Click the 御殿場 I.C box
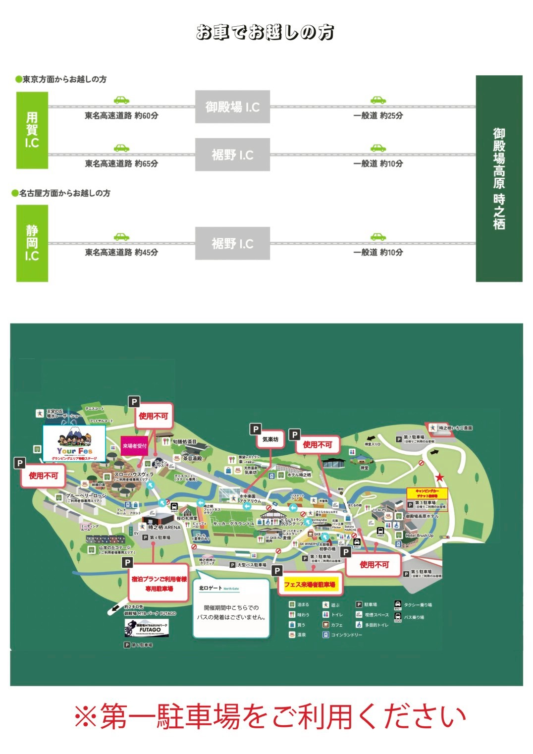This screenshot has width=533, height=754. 232,107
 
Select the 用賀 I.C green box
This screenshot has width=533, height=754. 32,130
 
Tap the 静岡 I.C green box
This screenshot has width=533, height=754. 32,243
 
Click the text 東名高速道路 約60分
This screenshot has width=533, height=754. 121,115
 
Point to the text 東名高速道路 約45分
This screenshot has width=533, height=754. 121,252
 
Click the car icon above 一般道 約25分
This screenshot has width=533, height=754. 378,100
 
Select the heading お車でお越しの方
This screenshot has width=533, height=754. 265,33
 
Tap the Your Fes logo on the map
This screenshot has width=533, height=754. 74,444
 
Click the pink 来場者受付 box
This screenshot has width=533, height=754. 135,446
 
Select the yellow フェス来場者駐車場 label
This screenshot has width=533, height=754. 310,585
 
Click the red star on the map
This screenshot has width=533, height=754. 439,477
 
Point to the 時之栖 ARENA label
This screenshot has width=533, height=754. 164,528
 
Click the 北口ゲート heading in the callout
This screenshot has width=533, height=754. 211,588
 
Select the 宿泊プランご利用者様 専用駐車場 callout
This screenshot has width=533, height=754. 159,584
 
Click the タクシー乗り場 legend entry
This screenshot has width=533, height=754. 417,605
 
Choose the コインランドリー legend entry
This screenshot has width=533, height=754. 346,635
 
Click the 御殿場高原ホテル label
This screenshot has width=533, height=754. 422,516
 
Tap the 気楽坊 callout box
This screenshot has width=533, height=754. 270,439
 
